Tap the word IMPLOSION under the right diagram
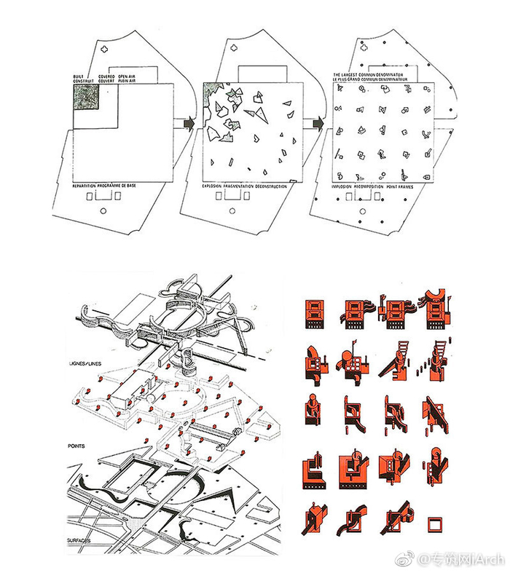click(346, 186)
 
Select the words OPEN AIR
click(127, 75)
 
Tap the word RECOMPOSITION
click(377, 186)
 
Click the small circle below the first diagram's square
click(105, 210)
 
